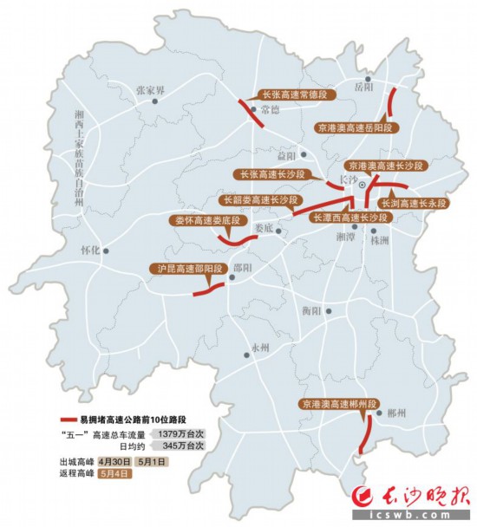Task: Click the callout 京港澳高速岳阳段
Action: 356,127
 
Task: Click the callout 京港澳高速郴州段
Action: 337,404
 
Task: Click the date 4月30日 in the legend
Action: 114,462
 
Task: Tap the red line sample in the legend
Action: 69,419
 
